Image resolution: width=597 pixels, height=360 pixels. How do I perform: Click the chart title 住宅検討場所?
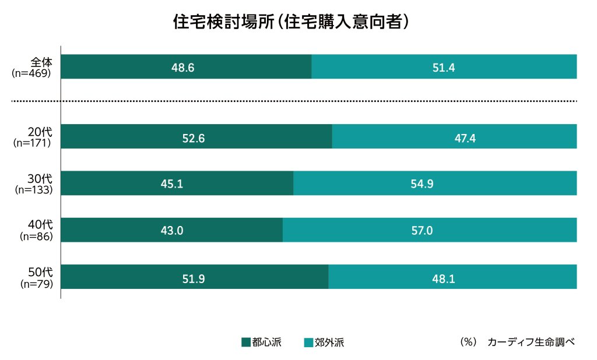pyautogui.click(x=290, y=22)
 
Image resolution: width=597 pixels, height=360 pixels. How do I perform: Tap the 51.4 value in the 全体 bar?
pyautogui.click(x=444, y=68)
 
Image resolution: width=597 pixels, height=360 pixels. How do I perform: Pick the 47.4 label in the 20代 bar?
pyautogui.click(x=454, y=137)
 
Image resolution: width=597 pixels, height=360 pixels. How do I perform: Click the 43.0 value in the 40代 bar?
pyautogui.click(x=172, y=231)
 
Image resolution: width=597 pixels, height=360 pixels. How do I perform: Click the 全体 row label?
pyautogui.click(x=42, y=62)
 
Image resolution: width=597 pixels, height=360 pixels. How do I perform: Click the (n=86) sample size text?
pyautogui.click(x=36, y=237)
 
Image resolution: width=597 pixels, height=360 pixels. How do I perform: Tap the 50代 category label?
pyautogui.click(x=41, y=272)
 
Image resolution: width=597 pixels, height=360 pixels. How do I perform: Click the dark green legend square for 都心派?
pyautogui.click(x=245, y=342)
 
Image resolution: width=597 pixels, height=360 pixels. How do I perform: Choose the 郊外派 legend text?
pyautogui.click(x=329, y=342)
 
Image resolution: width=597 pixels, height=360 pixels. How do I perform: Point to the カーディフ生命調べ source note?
pyautogui.click(x=531, y=342)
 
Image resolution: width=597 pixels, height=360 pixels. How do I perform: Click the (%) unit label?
pyautogui.click(x=468, y=342)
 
